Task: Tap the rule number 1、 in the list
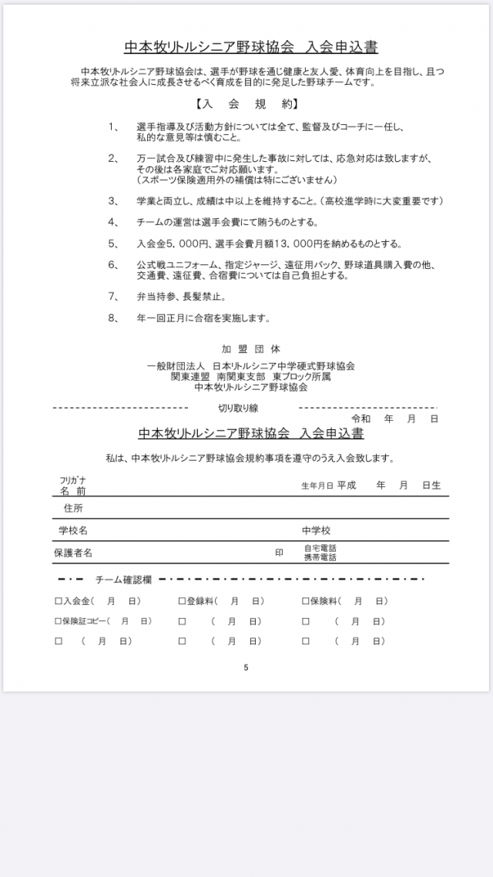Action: click(113, 126)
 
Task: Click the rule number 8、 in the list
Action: click(113, 317)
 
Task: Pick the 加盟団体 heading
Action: click(246, 348)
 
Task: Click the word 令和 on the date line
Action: click(361, 418)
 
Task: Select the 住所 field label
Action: click(73, 509)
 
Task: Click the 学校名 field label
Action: click(73, 531)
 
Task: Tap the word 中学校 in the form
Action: click(317, 531)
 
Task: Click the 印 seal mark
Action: click(279, 553)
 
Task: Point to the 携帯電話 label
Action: click(320, 556)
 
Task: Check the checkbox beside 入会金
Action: click(58, 601)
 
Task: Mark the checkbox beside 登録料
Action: click(182, 601)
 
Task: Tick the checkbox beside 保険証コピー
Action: click(58, 621)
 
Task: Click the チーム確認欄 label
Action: click(123, 579)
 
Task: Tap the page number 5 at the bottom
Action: click(246, 667)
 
